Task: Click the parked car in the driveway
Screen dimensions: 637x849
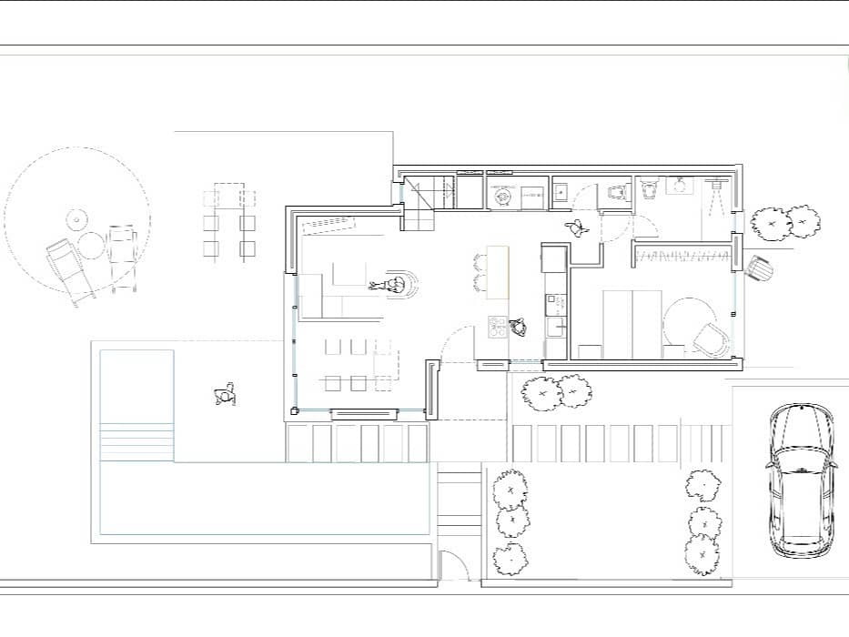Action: [x=801, y=480]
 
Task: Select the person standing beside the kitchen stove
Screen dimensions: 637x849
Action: [x=520, y=326]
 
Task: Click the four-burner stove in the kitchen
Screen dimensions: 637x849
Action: [x=498, y=327]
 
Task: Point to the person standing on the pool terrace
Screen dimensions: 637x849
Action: [x=225, y=395]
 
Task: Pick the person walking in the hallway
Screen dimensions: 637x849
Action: [x=575, y=227]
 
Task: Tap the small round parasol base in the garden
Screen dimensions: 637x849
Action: [x=75, y=220]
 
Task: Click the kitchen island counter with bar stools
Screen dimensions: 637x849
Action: [x=498, y=271]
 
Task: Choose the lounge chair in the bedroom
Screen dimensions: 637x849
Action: [x=710, y=338]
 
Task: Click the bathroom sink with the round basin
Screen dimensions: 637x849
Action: [x=678, y=186]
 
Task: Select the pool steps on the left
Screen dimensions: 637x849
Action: [x=136, y=442]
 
